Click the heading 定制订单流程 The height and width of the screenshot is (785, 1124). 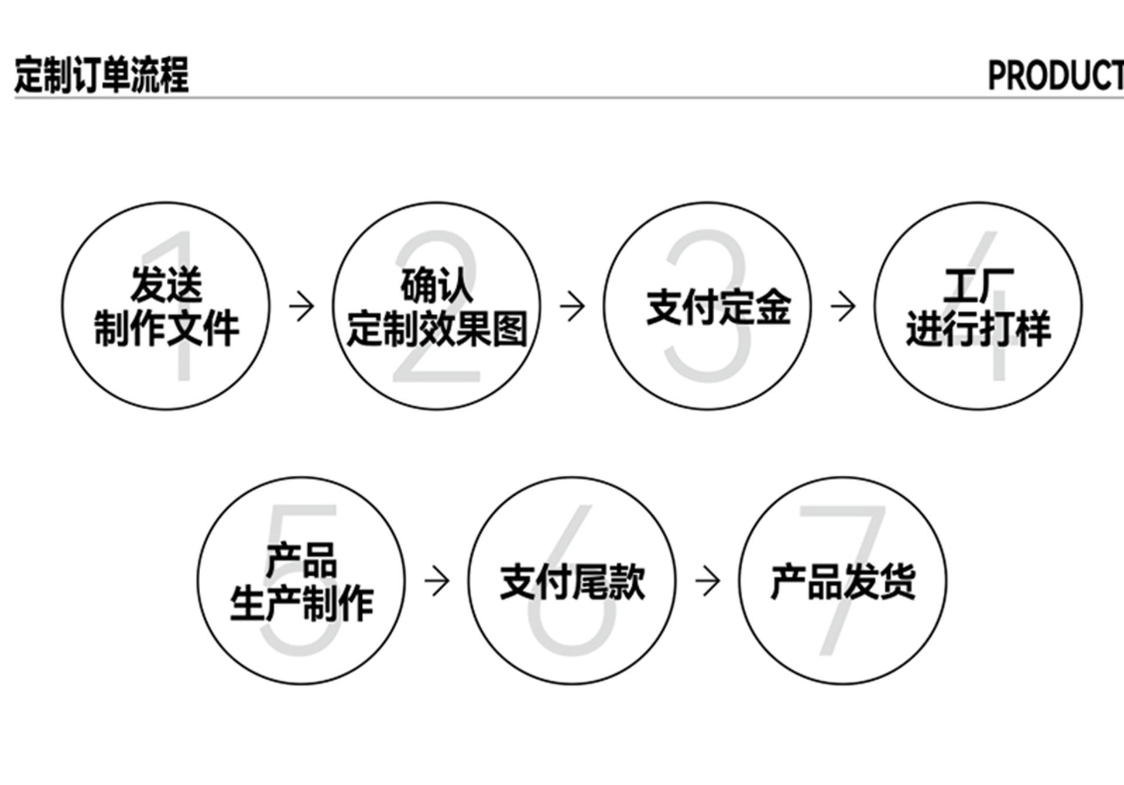point(101,75)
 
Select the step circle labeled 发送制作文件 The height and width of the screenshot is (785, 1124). point(166,306)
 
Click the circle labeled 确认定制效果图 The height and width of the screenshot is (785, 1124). point(437,306)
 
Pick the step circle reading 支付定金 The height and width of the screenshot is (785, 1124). point(707,306)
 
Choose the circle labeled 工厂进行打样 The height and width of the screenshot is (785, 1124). point(978,306)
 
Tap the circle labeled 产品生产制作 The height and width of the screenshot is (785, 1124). point(301,580)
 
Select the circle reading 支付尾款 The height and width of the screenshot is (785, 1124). point(571,580)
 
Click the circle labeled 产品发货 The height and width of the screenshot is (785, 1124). point(842,580)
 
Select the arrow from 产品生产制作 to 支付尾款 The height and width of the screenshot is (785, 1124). point(437,581)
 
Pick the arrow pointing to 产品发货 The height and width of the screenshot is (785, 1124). point(707,581)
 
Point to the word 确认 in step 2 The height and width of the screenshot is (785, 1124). point(437,286)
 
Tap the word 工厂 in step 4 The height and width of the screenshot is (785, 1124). point(978,286)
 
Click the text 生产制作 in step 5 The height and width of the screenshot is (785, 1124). point(301,603)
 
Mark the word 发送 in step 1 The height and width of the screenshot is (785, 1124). point(166,286)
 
